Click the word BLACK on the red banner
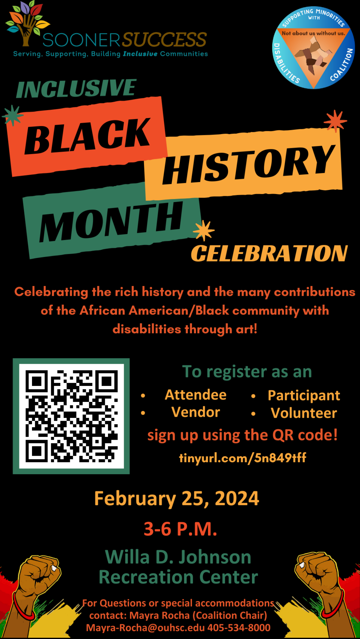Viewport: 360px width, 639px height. coord(88,136)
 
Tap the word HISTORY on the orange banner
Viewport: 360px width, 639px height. coord(249,164)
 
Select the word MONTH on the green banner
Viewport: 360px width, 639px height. coord(111,221)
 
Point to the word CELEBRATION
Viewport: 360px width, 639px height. coord(269,254)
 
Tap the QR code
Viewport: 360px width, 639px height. coord(71,416)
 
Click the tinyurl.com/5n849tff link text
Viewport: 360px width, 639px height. coord(243,458)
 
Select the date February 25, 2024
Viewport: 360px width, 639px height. coord(177,498)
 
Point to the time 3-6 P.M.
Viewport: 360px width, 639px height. coord(180,529)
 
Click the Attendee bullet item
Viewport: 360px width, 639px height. coord(196,395)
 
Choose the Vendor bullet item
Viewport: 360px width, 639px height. coord(196,412)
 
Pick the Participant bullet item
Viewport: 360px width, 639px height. coord(304,396)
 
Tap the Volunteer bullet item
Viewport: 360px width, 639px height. coord(304,413)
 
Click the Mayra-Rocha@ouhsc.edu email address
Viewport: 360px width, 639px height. coord(145,628)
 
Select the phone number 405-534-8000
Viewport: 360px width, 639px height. coord(239,628)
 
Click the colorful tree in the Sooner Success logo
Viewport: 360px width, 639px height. coord(27,23)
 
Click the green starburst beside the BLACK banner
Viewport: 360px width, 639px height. coord(13,115)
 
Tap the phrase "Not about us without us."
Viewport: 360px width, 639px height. coord(314,33)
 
